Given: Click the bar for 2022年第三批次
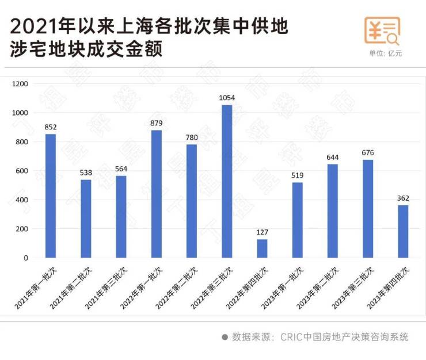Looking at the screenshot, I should pos(227,181).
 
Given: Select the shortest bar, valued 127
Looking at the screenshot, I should pos(262,248).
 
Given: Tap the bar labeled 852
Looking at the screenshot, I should pos(51,196).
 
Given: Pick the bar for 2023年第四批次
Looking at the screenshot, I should pos(403,231).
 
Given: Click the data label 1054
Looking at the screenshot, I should pos(227,98).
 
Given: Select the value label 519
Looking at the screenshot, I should pos(298,176).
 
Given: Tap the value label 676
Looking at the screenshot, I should pos(368,153).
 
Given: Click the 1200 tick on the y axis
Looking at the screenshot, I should pos(21,84).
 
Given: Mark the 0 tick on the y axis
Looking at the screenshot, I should pos(26,258).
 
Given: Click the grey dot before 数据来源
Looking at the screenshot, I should pos(225,338).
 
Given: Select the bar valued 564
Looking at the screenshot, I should pos(121,216).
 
